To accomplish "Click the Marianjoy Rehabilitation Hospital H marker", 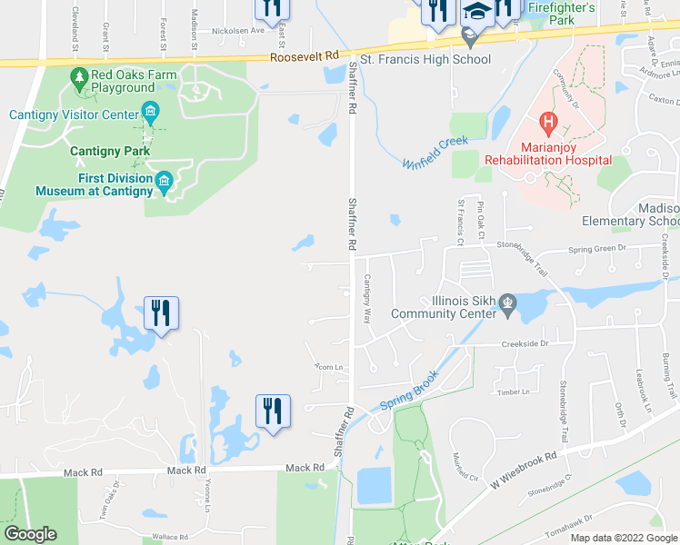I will point(548,120).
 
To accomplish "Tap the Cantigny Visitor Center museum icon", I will point(151,114).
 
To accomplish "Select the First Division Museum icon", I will point(165,183).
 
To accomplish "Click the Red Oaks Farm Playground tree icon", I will point(79,79).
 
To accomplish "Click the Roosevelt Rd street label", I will point(304,56).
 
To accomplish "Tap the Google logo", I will point(30,534).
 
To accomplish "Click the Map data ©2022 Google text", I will point(623,538).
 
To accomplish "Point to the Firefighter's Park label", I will point(561,13).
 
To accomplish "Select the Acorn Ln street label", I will point(327,367).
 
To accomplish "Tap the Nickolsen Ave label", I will point(237,30).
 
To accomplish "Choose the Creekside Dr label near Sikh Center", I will point(526,344).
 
